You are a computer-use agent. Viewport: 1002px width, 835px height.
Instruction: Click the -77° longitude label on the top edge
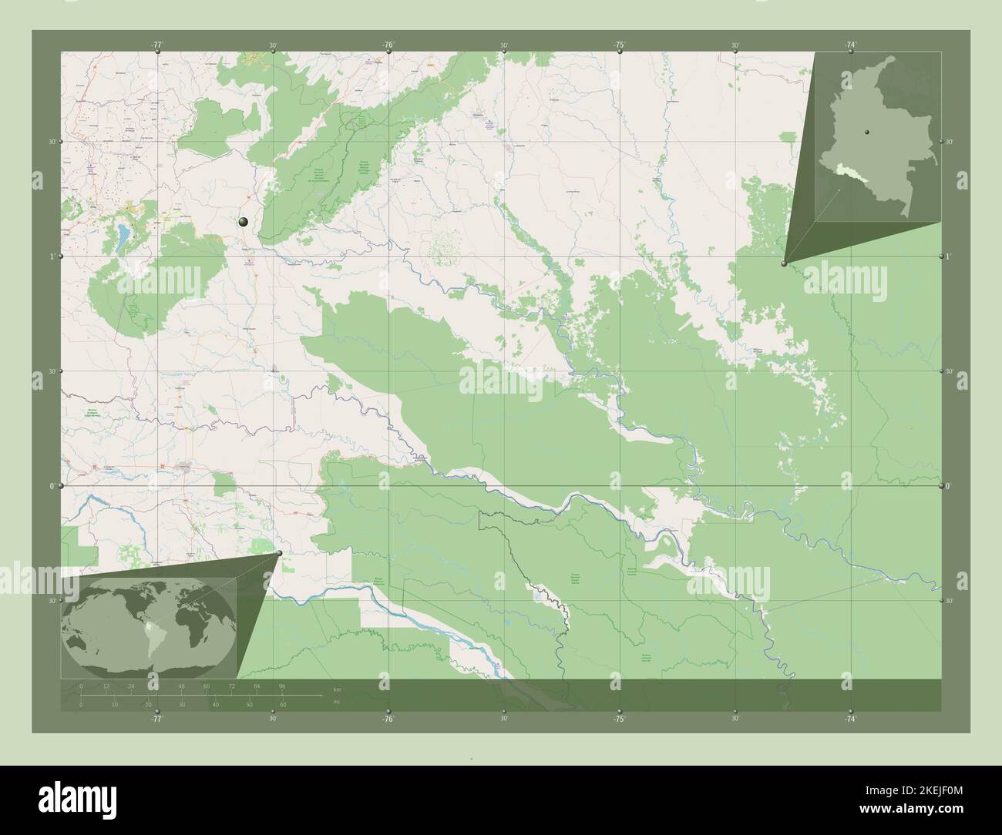157,45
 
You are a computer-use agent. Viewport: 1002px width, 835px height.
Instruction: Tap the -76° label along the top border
388,45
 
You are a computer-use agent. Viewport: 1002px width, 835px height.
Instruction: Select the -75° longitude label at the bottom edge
618,718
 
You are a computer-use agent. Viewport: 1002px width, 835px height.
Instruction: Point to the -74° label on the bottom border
849,718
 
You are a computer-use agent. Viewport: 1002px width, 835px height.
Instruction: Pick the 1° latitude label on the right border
950,256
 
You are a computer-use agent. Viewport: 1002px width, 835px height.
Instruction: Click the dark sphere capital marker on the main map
244,222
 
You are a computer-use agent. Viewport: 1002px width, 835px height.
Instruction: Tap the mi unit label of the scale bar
336,702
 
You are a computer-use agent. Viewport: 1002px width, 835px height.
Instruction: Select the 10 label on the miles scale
115,705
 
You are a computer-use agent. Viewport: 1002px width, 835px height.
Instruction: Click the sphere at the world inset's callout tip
278,552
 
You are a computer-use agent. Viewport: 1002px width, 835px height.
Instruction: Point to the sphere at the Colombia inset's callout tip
784,263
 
